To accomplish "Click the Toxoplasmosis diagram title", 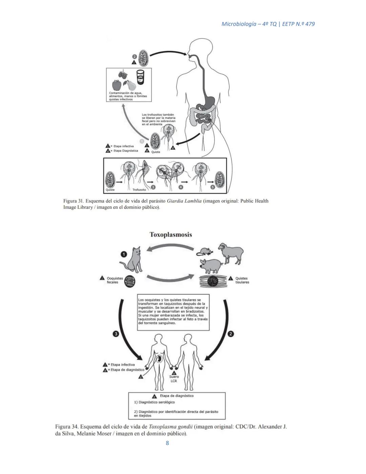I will point(171,235).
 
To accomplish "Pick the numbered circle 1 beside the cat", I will point(124,254).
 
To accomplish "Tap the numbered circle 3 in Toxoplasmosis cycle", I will point(116,334).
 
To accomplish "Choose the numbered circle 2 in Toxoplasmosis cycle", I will point(231,334).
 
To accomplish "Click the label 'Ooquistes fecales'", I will point(113,280).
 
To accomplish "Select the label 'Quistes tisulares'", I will point(242,280).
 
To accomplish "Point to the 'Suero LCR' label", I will point(174,379).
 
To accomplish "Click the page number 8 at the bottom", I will point(167,443).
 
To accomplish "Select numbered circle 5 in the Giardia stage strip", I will point(213,187).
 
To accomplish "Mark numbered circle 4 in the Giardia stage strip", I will point(181,187).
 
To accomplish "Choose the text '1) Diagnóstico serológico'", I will point(155,402).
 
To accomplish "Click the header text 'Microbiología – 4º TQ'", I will point(248,24).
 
